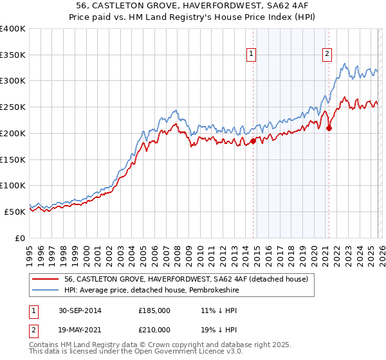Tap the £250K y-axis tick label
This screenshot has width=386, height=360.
click(14, 107)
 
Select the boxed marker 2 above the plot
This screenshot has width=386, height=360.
click(327, 55)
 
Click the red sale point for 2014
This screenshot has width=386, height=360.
click(253, 141)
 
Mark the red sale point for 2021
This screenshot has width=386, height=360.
click(329, 129)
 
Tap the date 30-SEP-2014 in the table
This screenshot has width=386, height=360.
click(78, 310)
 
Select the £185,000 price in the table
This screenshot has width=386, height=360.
click(154, 310)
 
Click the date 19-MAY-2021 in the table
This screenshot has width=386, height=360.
click(78, 329)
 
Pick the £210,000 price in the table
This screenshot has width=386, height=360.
click(154, 329)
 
